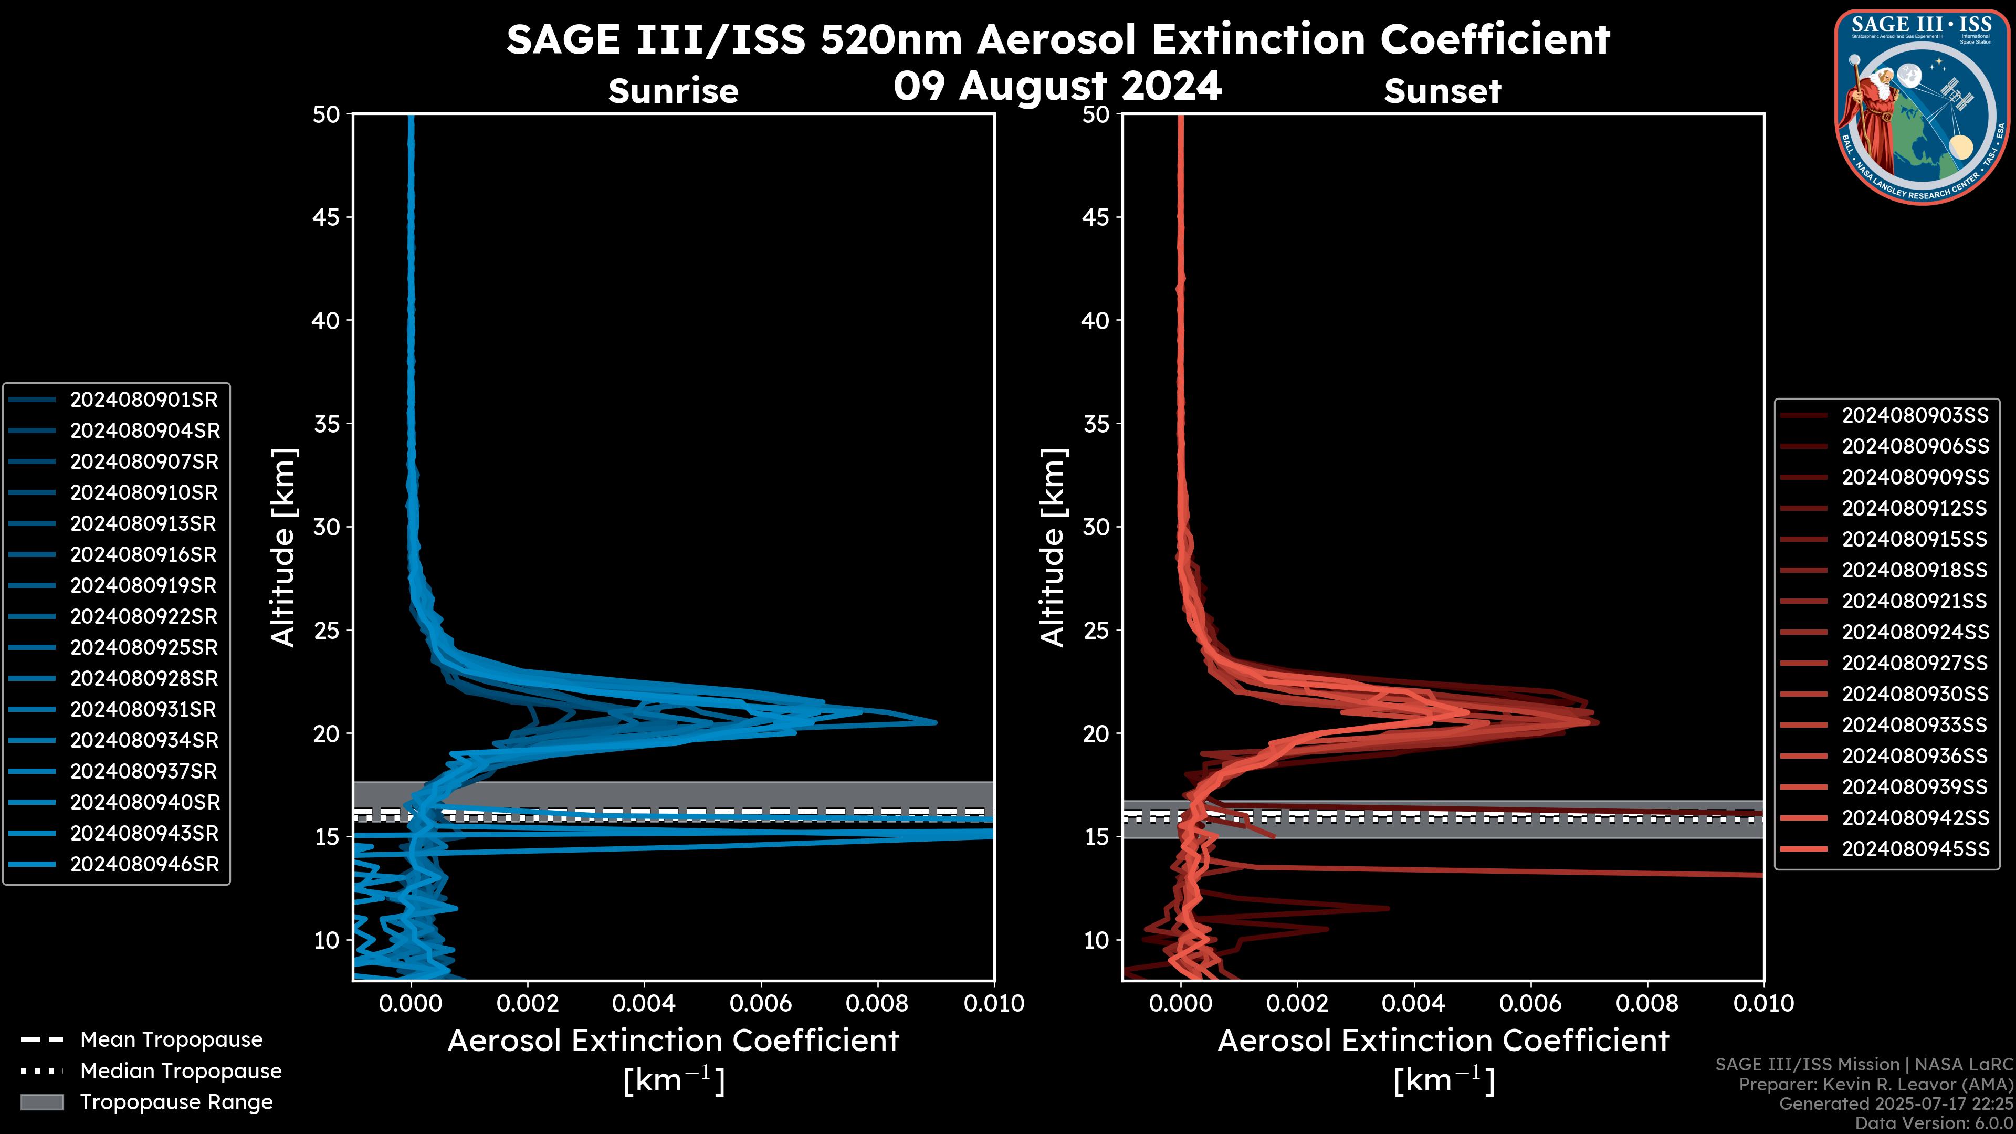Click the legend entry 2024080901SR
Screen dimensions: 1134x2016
(143, 400)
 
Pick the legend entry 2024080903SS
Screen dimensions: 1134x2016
(1914, 416)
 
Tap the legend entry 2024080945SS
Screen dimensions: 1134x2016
(1914, 849)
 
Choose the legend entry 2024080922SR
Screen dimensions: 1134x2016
(143, 617)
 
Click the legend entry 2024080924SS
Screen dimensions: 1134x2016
(1914, 632)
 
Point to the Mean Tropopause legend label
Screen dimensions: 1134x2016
(171, 1040)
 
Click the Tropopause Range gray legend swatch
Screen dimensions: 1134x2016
(42, 1102)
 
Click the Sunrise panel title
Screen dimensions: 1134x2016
(673, 91)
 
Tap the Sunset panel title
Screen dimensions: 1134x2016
(1442, 91)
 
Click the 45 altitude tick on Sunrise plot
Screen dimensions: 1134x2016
(327, 217)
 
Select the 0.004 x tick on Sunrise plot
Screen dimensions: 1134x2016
(643, 1003)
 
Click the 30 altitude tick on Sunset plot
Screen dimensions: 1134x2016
(1096, 527)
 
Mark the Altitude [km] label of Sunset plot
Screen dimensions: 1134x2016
(1053, 548)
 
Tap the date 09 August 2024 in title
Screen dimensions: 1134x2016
(1057, 86)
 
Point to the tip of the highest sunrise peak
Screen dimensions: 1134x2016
(935, 722)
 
